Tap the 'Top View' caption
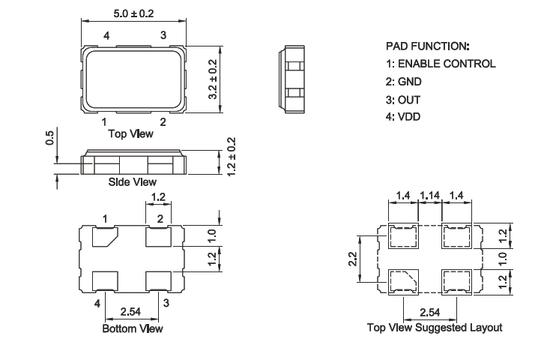[131, 134]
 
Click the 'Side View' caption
[133, 181]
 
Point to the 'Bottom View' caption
[133, 328]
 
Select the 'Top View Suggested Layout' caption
[434, 328]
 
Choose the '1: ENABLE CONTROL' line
[440, 64]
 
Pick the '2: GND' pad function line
[405, 82]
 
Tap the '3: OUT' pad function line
[404, 100]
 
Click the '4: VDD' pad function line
[405, 118]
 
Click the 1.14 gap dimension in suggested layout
[430, 196]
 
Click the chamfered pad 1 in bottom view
[103, 238]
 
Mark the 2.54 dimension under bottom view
[132, 310]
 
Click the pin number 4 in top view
[106, 36]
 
